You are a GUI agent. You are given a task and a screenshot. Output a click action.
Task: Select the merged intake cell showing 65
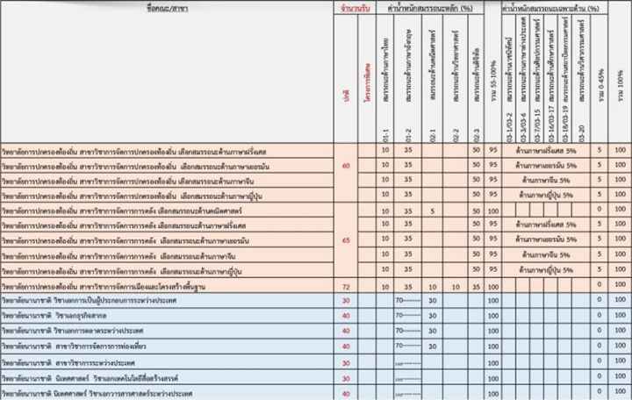[x=346, y=239]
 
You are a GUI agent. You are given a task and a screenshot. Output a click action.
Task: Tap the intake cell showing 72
[x=346, y=287]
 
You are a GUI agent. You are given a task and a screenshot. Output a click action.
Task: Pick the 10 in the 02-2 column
[x=454, y=287]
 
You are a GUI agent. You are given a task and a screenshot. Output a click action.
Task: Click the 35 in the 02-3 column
[x=476, y=287]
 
